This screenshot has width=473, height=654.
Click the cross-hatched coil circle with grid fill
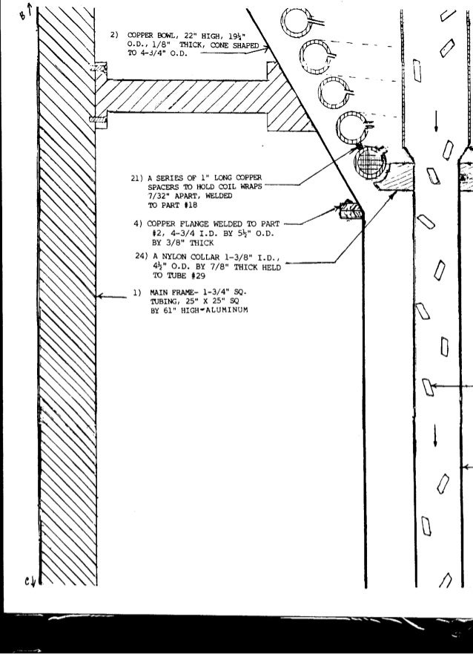368,162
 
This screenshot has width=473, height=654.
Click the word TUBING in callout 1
165,301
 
